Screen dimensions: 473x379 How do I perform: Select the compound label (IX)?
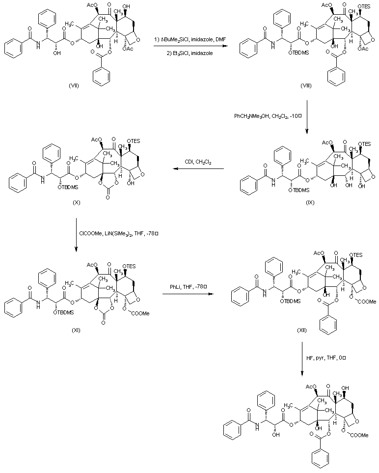tap(308, 202)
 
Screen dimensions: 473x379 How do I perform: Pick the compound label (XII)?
tap(302, 330)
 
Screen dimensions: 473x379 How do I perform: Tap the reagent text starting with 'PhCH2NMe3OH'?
tap(265, 116)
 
